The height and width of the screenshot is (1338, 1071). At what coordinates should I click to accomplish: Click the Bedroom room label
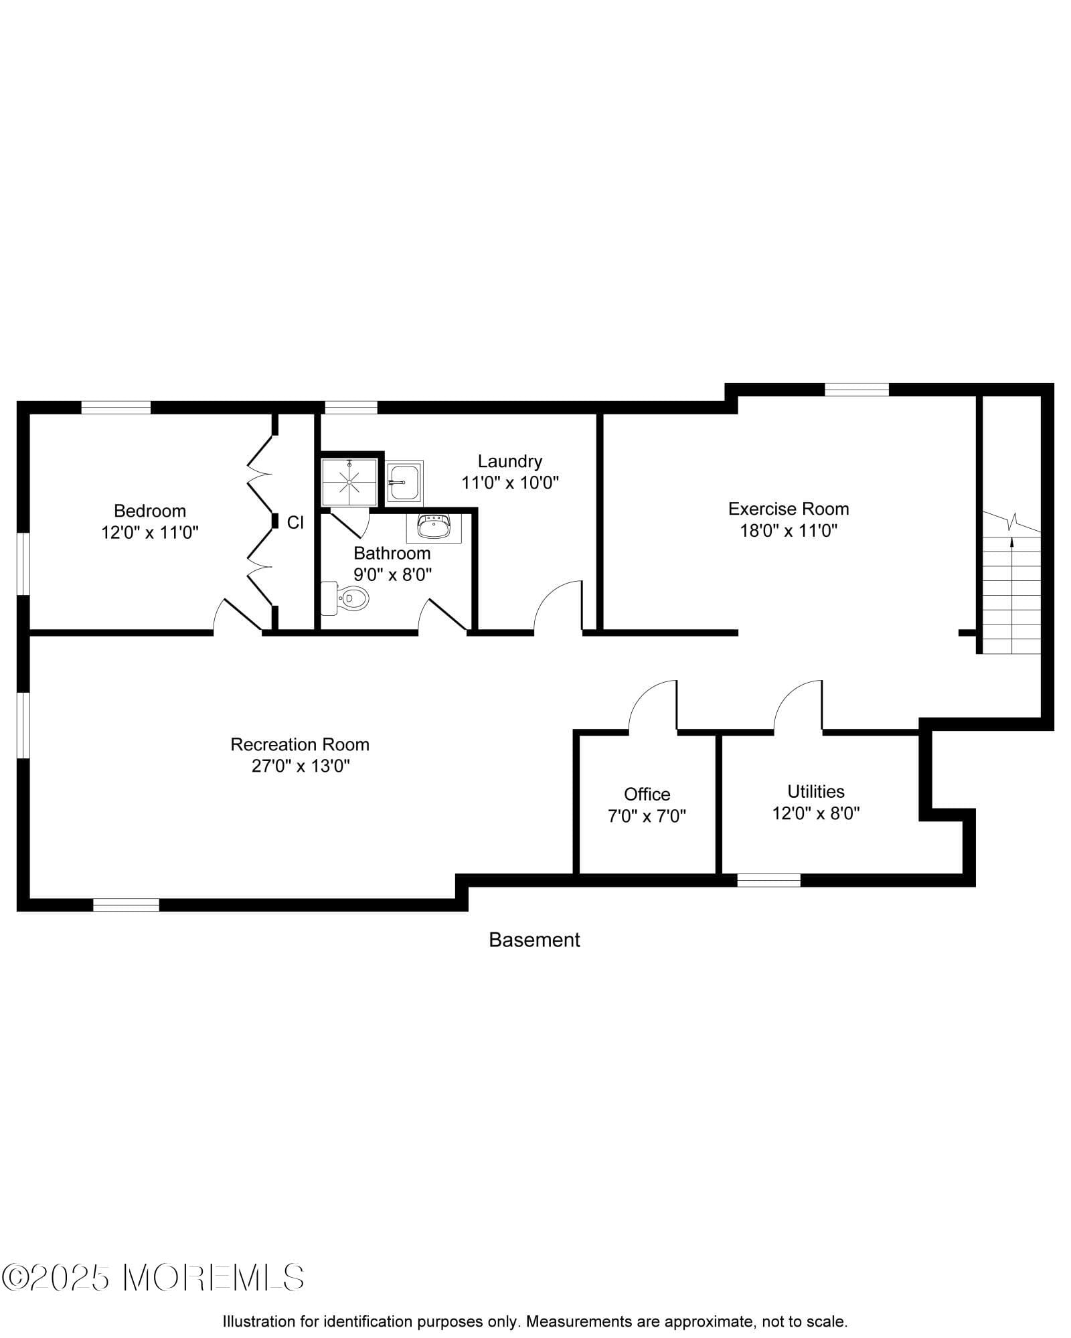(x=150, y=511)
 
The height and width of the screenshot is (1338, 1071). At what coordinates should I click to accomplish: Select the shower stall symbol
(x=349, y=481)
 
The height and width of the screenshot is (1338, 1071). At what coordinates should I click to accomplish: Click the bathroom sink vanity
(x=434, y=528)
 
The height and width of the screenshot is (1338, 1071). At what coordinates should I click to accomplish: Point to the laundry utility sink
(x=404, y=483)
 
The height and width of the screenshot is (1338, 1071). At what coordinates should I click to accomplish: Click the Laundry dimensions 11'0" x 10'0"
(x=509, y=483)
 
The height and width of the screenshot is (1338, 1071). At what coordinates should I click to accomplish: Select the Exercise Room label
(x=789, y=509)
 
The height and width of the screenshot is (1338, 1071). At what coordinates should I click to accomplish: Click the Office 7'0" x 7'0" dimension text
(x=647, y=816)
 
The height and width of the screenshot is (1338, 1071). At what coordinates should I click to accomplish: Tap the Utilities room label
(x=815, y=791)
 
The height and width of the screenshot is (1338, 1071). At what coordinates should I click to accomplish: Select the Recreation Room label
(x=300, y=744)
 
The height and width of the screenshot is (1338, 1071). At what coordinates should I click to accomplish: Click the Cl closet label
(x=295, y=523)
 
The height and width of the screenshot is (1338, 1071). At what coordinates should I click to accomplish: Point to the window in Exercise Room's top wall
(x=856, y=390)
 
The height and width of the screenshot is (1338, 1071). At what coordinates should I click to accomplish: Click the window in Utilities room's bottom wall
(x=768, y=880)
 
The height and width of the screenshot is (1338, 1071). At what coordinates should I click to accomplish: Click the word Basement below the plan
(x=534, y=940)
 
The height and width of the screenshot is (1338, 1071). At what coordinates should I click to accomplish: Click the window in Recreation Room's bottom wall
(x=126, y=905)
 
